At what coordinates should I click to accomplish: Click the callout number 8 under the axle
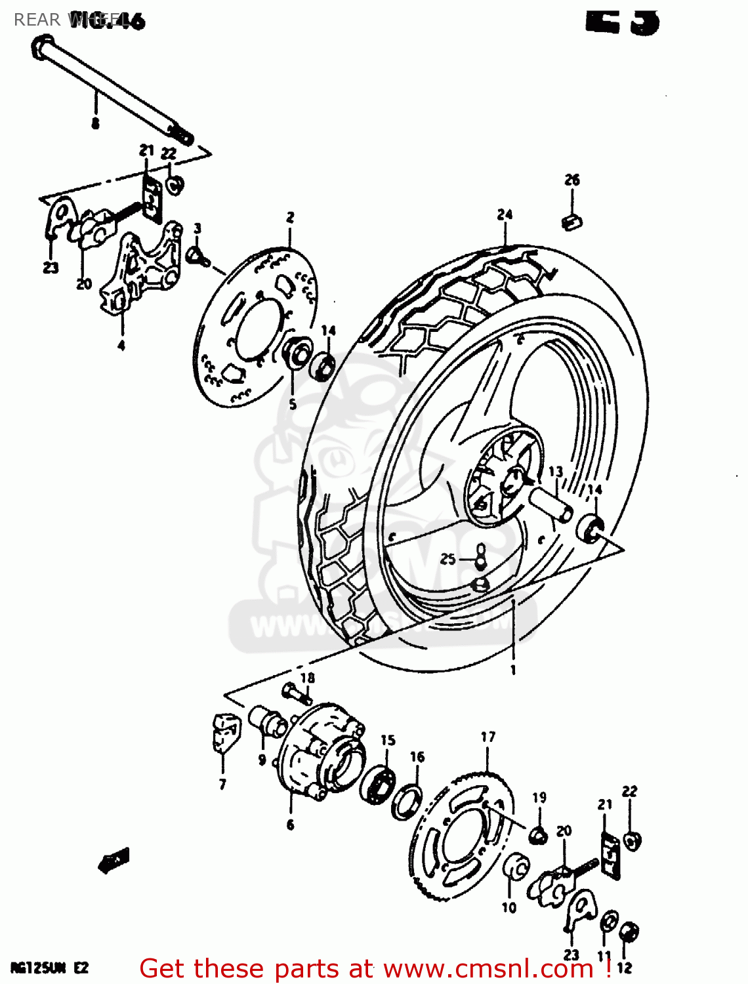[x=95, y=123]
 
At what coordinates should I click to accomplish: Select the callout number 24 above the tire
[x=504, y=215]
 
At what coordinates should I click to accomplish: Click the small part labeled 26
[x=572, y=222]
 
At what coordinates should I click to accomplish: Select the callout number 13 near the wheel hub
[x=555, y=472]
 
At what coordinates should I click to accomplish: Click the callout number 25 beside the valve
[x=447, y=559]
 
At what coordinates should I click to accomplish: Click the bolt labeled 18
[x=295, y=693]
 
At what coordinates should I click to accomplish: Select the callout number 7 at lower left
[x=222, y=784]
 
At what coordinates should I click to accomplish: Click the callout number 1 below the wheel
[x=513, y=670]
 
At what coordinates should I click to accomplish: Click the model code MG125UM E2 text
[x=49, y=968]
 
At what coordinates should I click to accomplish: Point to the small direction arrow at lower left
[x=114, y=860]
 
